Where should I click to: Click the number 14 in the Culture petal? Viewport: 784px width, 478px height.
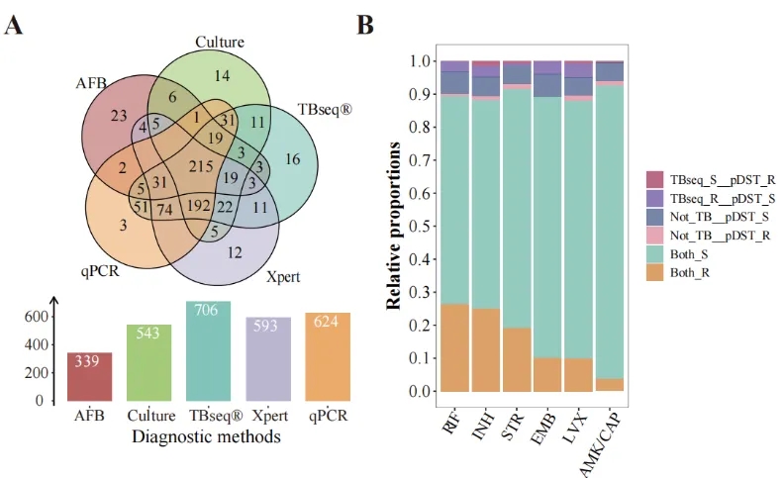tap(222, 75)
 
